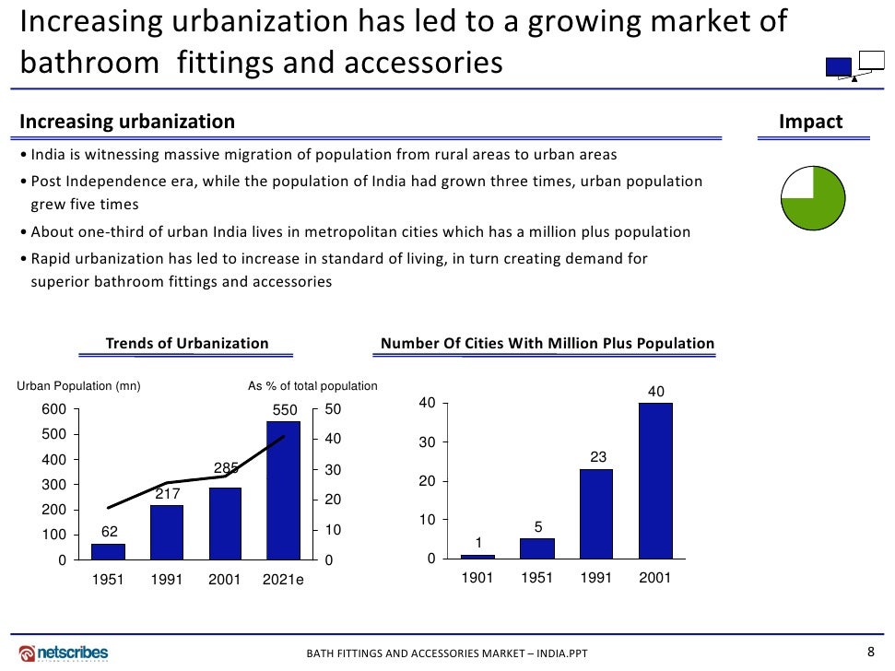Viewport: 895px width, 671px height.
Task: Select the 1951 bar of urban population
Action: tap(108, 551)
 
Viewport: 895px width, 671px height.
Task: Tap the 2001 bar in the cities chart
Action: tap(655, 480)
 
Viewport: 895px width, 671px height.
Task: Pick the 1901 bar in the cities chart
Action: tap(477, 556)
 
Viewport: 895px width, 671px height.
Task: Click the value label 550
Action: tap(283, 410)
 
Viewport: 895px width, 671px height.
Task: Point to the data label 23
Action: tap(596, 457)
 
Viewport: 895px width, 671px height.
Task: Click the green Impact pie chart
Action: tap(813, 199)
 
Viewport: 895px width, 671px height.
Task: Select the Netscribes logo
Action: tap(64, 653)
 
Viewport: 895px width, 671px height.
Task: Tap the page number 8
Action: tap(871, 650)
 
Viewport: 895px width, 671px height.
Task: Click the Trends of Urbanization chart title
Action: tap(187, 344)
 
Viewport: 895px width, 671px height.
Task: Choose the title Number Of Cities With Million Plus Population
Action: tap(548, 344)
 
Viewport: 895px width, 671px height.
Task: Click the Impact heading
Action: tap(811, 122)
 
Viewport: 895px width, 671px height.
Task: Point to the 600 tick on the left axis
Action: tap(53, 409)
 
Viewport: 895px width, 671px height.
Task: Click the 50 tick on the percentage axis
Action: tap(333, 409)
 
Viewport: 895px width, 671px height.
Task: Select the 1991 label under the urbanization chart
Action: tap(167, 580)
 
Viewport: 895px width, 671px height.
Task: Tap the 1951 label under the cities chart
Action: tap(537, 579)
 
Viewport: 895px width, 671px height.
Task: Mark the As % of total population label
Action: tap(312, 386)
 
